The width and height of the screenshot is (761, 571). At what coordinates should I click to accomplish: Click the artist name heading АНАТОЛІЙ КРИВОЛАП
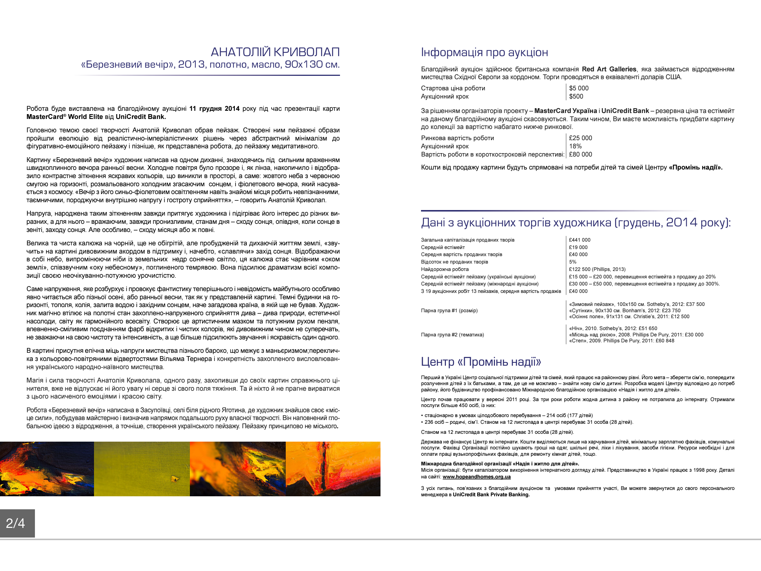[x=275, y=52]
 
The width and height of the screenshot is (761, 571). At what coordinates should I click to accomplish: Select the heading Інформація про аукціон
[x=484, y=52]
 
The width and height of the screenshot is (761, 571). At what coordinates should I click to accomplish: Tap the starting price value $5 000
[x=579, y=88]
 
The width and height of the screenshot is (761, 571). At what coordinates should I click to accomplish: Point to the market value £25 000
[x=580, y=138]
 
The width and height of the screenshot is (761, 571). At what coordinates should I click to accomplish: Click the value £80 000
[x=580, y=154]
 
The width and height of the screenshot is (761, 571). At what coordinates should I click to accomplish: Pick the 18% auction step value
[x=575, y=146]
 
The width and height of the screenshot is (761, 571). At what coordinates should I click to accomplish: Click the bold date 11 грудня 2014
[x=214, y=109]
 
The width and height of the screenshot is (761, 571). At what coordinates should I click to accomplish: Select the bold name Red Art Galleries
[x=609, y=69]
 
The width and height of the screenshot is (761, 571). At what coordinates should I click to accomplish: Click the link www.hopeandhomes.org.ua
[x=476, y=477]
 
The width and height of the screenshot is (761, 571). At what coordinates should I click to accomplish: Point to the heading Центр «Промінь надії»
[x=481, y=361]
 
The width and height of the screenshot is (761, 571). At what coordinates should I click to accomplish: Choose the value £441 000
[x=579, y=240]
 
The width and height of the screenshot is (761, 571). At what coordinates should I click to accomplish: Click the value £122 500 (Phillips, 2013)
[x=597, y=269]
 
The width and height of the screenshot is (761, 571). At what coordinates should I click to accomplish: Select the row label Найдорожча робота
[x=444, y=269]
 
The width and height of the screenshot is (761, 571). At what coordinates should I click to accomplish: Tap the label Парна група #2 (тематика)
[x=452, y=335]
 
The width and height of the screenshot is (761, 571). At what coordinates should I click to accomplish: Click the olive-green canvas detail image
[x=142, y=469]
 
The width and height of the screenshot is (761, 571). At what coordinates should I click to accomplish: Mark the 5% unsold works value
[x=573, y=262]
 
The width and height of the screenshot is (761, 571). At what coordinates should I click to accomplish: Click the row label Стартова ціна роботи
[x=453, y=88]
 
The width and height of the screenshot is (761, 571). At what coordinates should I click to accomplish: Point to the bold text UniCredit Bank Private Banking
[x=491, y=494]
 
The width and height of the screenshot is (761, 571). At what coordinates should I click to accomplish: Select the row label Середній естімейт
[x=443, y=247]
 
